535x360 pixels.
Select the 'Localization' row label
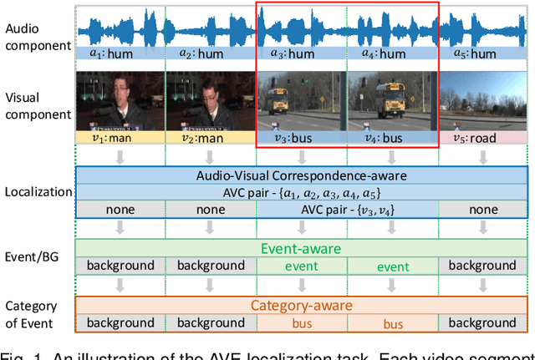pyautogui.click(x=38, y=191)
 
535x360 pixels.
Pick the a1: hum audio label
pyautogui.click(x=120, y=53)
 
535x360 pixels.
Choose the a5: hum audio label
pyautogui.click(x=482, y=53)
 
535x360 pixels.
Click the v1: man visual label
pyautogui.click(x=120, y=138)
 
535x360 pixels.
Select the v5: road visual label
pyautogui.click(x=482, y=138)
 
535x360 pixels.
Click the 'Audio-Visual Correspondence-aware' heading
pyautogui.click(x=302, y=175)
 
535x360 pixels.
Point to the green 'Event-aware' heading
pyautogui.click(x=302, y=248)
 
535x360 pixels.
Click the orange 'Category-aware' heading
pyautogui.click(x=302, y=306)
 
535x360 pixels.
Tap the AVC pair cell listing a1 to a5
pyautogui.click(x=302, y=190)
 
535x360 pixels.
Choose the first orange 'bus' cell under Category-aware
pyautogui.click(x=302, y=322)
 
